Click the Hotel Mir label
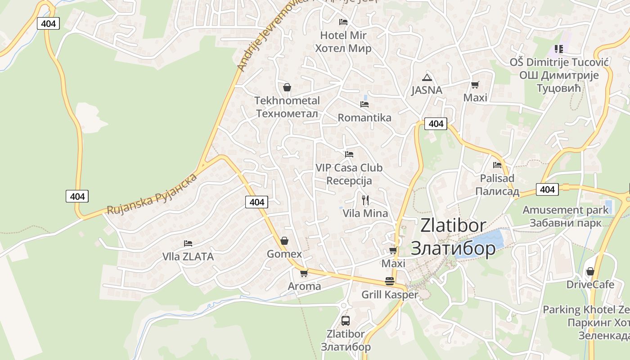(343, 35)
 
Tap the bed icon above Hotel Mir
(343, 22)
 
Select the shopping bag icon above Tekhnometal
(287, 87)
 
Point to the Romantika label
(364, 118)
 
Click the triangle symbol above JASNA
(427, 77)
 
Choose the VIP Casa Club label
(349, 168)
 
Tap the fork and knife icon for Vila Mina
(365, 200)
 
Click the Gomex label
(284, 254)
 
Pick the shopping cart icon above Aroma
(304, 273)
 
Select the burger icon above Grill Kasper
(390, 282)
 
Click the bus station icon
(346, 321)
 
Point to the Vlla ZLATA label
(188, 257)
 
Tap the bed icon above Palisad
(497, 165)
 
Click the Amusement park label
(565, 210)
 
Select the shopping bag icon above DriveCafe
(590, 271)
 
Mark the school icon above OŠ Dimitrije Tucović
(559, 49)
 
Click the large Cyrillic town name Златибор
(454, 248)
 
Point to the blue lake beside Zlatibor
(484, 244)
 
